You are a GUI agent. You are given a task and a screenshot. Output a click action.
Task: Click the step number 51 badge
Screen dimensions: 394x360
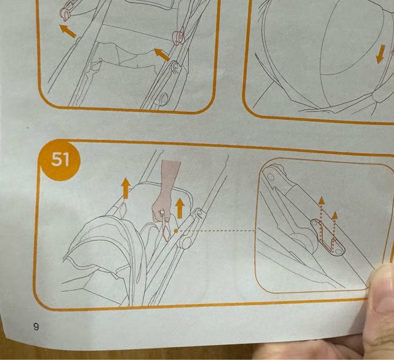click(x=60, y=160)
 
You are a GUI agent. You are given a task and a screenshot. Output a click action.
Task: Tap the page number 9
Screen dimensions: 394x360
click(x=36, y=327)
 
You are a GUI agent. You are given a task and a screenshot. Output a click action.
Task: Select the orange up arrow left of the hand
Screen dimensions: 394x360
click(x=126, y=188)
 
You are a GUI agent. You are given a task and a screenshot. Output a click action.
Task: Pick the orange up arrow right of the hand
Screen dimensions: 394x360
click(x=180, y=208)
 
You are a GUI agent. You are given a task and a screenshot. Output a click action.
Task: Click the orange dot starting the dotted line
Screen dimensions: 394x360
click(x=176, y=230)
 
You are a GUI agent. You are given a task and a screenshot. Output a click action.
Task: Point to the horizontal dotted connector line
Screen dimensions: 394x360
click(x=217, y=230)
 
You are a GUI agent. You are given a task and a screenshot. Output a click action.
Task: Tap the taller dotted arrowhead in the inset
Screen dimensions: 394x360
click(x=321, y=200)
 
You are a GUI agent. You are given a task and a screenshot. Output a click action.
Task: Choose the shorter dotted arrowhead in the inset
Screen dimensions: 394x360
click(x=335, y=215)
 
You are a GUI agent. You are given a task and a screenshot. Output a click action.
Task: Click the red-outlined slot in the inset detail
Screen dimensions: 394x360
click(x=328, y=238)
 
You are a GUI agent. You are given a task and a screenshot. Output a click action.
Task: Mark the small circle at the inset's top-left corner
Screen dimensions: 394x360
click(x=271, y=177)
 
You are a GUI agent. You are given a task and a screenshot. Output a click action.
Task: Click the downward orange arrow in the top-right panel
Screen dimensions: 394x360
click(x=380, y=54)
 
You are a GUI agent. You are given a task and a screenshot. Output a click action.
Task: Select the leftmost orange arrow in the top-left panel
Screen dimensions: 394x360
click(x=67, y=31)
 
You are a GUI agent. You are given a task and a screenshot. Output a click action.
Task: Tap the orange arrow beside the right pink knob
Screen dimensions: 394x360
click(x=162, y=55)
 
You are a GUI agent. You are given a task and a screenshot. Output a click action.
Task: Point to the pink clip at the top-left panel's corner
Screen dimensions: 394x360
click(x=66, y=11)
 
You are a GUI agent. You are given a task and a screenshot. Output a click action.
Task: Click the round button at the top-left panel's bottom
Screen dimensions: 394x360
click(x=164, y=98)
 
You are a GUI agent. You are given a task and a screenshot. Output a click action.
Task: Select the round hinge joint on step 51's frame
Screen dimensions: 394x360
click(x=186, y=242)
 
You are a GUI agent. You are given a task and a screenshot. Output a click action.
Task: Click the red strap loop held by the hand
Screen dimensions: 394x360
click(x=166, y=227)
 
